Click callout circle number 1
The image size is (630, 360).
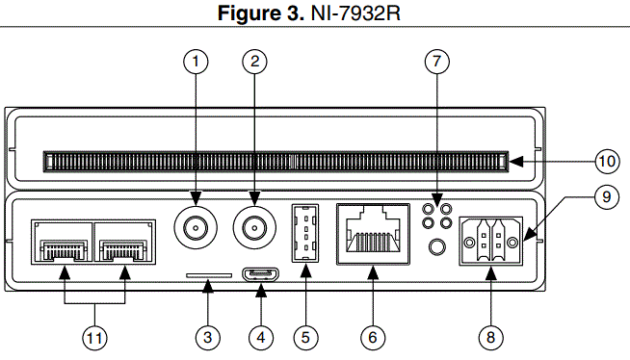(196, 62)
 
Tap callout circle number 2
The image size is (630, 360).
(255, 62)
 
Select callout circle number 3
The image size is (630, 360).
(208, 337)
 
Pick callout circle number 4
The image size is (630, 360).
(260, 337)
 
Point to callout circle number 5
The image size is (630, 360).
(304, 337)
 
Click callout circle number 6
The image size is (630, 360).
(372, 337)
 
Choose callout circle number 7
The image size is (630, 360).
(437, 62)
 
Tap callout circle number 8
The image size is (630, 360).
(490, 337)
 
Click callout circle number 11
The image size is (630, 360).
(94, 337)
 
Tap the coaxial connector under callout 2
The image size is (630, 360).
(255, 229)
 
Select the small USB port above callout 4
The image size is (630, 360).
(260, 275)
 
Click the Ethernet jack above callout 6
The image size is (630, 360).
(372, 234)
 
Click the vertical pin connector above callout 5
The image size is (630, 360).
(304, 233)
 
